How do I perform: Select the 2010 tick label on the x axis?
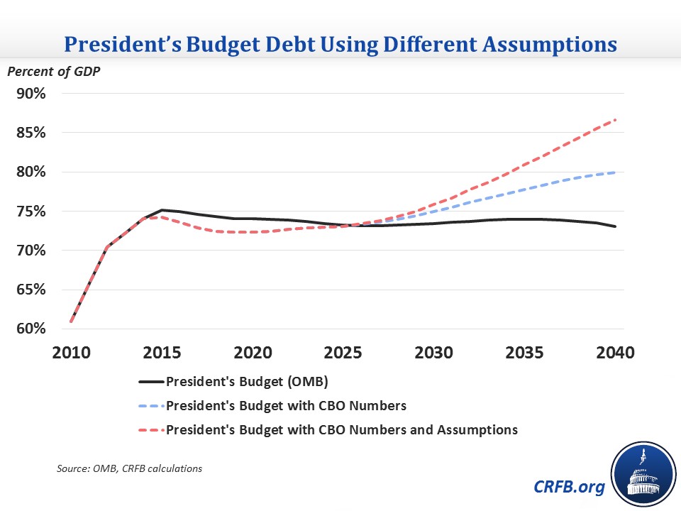coord(72,353)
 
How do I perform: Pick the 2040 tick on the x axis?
coord(614,353)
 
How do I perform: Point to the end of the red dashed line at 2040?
coord(614,120)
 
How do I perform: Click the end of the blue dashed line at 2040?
coord(614,172)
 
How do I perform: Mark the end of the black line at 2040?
coord(614,226)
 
